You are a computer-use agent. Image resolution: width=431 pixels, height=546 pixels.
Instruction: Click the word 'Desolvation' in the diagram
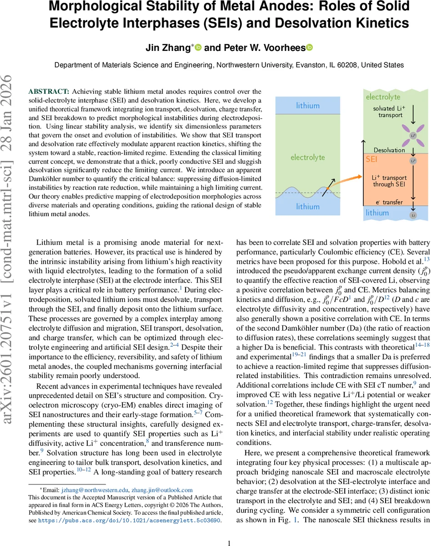click(389, 150)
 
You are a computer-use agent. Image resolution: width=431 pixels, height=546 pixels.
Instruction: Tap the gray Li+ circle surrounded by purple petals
click(413, 136)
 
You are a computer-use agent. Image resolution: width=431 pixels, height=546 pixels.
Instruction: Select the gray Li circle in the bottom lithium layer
click(413, 215)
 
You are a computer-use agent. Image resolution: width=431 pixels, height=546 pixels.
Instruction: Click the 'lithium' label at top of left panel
click(308, 106)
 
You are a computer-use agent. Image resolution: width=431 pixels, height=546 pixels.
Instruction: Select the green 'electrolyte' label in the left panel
click(308, 157)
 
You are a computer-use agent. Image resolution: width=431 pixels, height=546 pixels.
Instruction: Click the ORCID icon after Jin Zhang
click(198, 47)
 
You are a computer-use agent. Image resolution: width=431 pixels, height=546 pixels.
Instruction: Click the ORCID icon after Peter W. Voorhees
click(310, 47)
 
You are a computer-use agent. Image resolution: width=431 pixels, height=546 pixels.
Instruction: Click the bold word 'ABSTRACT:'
click(49, 91)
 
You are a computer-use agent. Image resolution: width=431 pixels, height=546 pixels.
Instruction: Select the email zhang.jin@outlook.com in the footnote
click(162, 490)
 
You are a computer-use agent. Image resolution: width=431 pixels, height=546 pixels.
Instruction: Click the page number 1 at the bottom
click(229, 530)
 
